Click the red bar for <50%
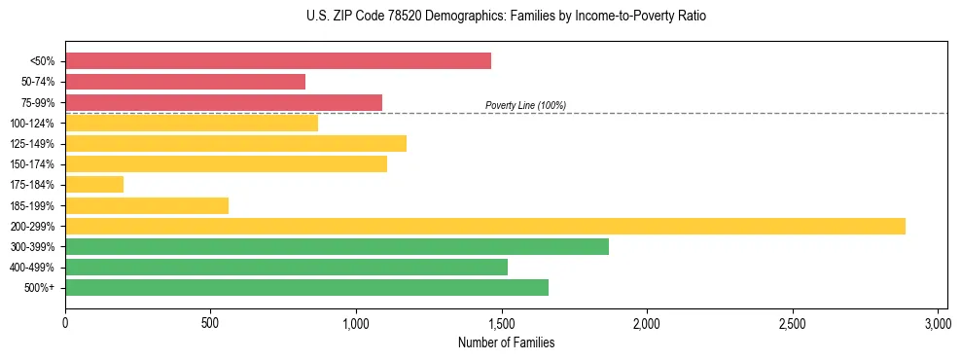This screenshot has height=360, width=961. tap(277, 61)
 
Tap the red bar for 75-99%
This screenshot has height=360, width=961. tap(223, 102)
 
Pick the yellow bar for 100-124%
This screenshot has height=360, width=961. tap(191, 123)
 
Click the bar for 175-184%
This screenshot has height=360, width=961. tap(93, 184)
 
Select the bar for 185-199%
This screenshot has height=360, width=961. tap(146, 205)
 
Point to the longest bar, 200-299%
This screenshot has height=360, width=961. tap(484, 226)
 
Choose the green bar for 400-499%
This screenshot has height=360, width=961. tap(286, 267)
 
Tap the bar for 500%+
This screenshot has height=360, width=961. tap(306, 287)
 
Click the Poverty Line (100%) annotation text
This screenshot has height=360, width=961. tap(525, 105)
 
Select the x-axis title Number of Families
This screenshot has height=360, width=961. tap(506, 342)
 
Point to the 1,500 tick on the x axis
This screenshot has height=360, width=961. tap(502, 322)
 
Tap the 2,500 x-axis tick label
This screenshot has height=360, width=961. tap(793, 322)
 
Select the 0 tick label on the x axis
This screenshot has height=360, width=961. tap(65, 322)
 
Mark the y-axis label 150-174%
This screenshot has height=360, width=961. tap(32, 164)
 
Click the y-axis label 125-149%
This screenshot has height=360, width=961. tap(32, 144)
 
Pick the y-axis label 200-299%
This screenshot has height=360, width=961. tap(32, 227)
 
